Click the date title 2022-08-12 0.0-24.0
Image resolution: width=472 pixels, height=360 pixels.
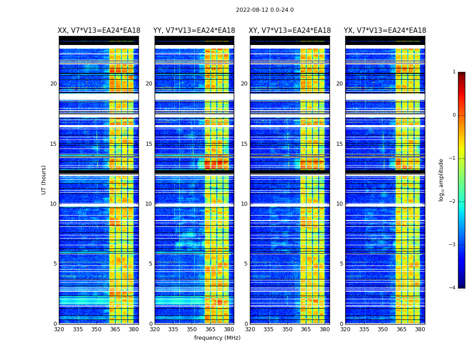pos(265,10)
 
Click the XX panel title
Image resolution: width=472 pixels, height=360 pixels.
pos(99,31)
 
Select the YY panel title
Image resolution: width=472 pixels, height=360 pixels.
pos(194,31)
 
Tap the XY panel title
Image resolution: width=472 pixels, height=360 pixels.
pos(290,31)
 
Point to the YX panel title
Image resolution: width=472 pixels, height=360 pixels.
pos(385,31)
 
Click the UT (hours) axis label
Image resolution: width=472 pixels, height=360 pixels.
pos(44,180)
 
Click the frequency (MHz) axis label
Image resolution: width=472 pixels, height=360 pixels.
pos(217,338)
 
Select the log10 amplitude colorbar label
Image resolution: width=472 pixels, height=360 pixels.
pos(441,180)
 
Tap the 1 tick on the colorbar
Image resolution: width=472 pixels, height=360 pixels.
pos(454,72)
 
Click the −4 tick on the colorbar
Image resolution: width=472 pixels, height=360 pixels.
pos(453,288)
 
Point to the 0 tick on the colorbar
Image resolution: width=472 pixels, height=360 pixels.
pos(454,115)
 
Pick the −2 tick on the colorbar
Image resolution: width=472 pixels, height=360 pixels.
pos(453,202)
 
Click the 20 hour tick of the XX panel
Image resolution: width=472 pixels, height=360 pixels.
pos(53,84)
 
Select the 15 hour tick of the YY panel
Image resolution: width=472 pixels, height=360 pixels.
pos(149,144)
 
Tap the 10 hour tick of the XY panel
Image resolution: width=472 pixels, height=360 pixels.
pos(244,204)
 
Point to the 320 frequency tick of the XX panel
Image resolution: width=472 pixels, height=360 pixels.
pos(59,329)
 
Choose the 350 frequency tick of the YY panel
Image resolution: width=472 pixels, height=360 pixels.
pos(192,329)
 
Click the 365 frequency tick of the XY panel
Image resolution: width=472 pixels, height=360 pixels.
pos(306,329)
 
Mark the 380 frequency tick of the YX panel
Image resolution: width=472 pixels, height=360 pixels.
pos(420,329)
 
